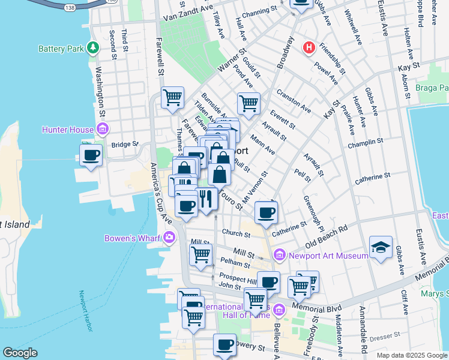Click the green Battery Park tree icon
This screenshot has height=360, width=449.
click(x=93, y=47)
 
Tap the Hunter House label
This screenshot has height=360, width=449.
click(x=67, y=129)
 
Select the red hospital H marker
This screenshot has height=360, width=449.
click(x=309, y=47)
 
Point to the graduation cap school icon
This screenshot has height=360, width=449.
click(x=381, y=248)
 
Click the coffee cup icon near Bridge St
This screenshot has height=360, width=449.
click(x=91, y=155)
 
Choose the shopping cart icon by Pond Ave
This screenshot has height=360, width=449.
click(x=249, y=103)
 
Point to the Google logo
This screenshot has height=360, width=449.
click(x=20, y=353)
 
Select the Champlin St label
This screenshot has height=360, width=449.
click(x=365, y=143)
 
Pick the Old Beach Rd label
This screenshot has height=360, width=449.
click(x=327, y=237)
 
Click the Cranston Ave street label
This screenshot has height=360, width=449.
click(x=294, y=102)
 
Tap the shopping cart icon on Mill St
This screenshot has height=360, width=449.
click(x=200, y=254)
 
